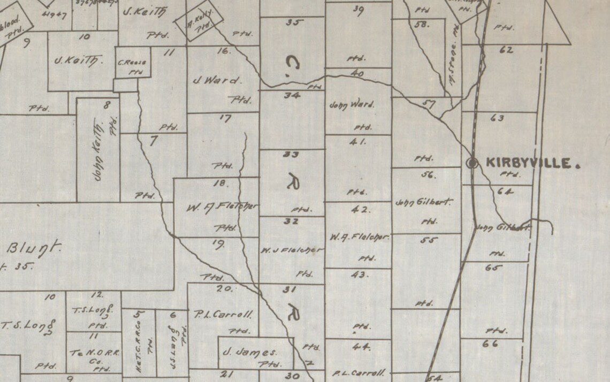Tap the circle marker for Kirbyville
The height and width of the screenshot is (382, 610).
point(472,164)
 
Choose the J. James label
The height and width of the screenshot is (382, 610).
point(250,352)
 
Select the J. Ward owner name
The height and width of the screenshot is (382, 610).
point(217,81)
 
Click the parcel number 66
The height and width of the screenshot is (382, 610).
point(491,343)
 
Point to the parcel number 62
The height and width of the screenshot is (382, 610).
point(506,50)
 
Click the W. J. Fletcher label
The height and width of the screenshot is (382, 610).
point(292,250)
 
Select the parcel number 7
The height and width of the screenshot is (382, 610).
point(154,141)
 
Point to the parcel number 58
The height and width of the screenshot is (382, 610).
point(422,24)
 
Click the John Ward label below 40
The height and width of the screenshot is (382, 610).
point(352,105)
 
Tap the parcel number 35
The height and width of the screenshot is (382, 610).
point(294,22)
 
